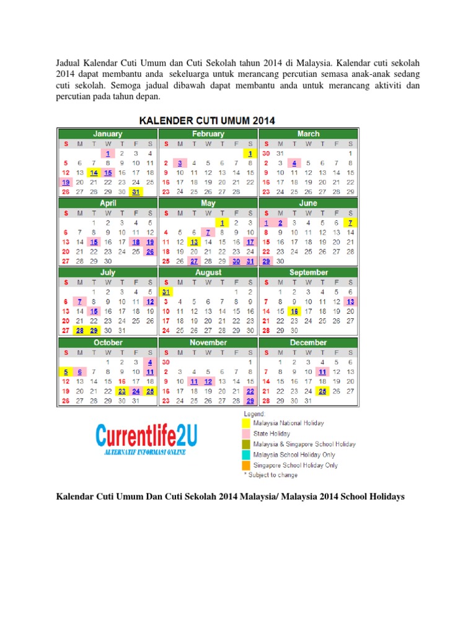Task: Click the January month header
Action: [107, 134]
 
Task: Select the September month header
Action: [308, 272]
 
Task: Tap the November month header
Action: [208, 342]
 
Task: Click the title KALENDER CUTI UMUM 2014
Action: [208, 120]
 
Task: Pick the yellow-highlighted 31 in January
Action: [135, 192]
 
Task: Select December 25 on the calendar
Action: [322, 391]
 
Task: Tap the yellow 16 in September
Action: [294, 311]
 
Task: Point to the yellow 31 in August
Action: [165, 292]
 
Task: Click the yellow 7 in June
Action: [350, 222]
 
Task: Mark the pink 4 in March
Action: [294, 163]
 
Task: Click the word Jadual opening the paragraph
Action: [70, 63]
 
